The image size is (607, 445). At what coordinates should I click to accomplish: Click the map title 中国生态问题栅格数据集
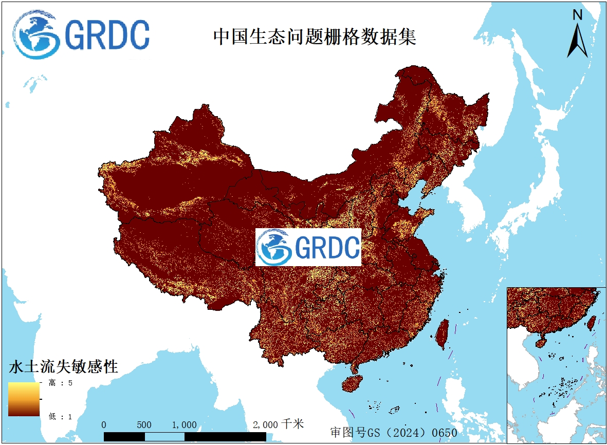(x=315, y=37)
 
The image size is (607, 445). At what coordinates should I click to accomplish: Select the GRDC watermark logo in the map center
(x=308, y=248)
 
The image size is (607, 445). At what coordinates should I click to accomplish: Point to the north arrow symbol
(x=577, y=41)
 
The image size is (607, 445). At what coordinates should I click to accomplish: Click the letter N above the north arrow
(x=577, y=15)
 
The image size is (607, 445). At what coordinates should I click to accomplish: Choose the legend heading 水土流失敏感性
(x=63, y=367)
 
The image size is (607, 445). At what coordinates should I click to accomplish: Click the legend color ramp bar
(x=24, y=399)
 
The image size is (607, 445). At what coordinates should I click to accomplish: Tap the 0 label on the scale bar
(x=104, y=425)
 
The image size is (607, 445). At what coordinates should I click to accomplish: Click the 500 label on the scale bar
(x=144, y=425)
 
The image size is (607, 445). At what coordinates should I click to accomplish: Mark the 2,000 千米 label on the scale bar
(x=278, y=424)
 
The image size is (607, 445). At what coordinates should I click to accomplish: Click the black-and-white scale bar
(x=185, y=436)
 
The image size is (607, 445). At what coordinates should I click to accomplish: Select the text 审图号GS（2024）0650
(x=393, y=433)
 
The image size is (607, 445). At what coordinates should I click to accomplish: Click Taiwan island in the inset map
(x=591, y=322)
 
